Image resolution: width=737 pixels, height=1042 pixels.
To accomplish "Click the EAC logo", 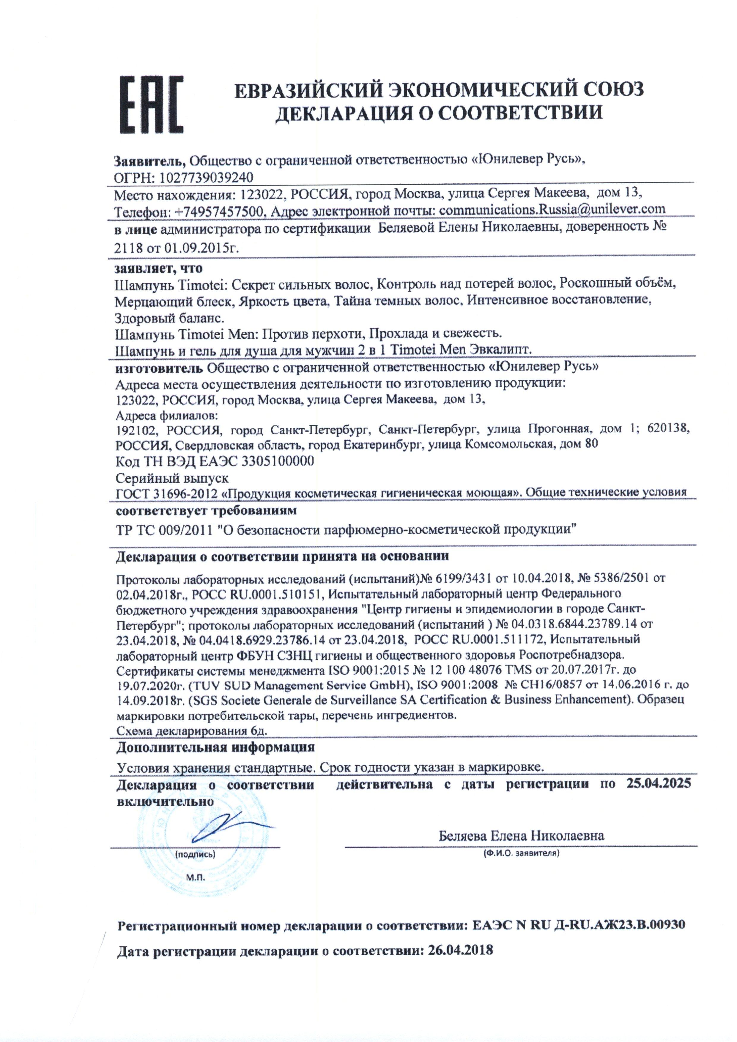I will coord(152,105).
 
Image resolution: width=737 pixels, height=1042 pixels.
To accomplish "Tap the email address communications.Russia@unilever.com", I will coord(552,210).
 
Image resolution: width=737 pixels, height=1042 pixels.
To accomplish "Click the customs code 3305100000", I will coord(278,461).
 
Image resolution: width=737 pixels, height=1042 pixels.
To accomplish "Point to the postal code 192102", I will coord(136,429).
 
